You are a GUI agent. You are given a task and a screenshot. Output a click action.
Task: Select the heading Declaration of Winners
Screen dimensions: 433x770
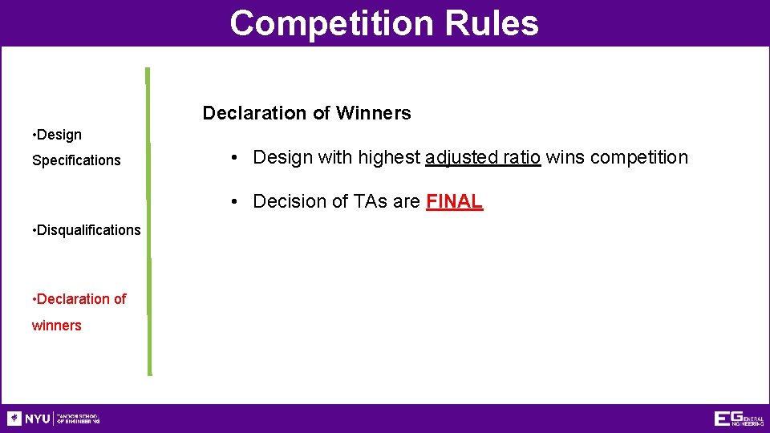[306, 113]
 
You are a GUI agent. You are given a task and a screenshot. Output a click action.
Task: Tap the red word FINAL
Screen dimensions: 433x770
[454, 201]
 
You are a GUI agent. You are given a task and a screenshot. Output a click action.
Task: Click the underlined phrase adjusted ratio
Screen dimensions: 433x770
[484, 157]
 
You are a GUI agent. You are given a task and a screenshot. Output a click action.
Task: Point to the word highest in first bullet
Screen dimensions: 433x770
[389, 157]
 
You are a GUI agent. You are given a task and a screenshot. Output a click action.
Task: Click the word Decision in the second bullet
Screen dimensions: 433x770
[286, 201]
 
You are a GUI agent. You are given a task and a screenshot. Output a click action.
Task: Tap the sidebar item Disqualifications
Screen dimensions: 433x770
[88, 230]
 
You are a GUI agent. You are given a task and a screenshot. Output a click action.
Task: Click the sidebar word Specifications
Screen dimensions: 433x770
[76, 160]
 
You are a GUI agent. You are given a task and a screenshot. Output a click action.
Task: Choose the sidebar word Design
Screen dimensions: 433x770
[59, 135]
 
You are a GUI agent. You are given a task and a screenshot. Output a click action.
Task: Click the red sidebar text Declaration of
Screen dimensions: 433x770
[81, 299]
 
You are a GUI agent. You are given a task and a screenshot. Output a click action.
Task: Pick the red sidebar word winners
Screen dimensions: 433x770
[56, 326]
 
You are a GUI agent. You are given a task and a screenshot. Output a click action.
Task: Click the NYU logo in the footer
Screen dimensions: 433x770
[29, 419]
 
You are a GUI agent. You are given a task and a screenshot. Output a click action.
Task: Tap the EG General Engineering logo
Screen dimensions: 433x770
[738, 419]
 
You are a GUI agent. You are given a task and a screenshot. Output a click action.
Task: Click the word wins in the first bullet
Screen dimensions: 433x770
[566, 157]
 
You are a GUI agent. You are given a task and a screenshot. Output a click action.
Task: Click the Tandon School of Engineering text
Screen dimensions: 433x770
[79, 419]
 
